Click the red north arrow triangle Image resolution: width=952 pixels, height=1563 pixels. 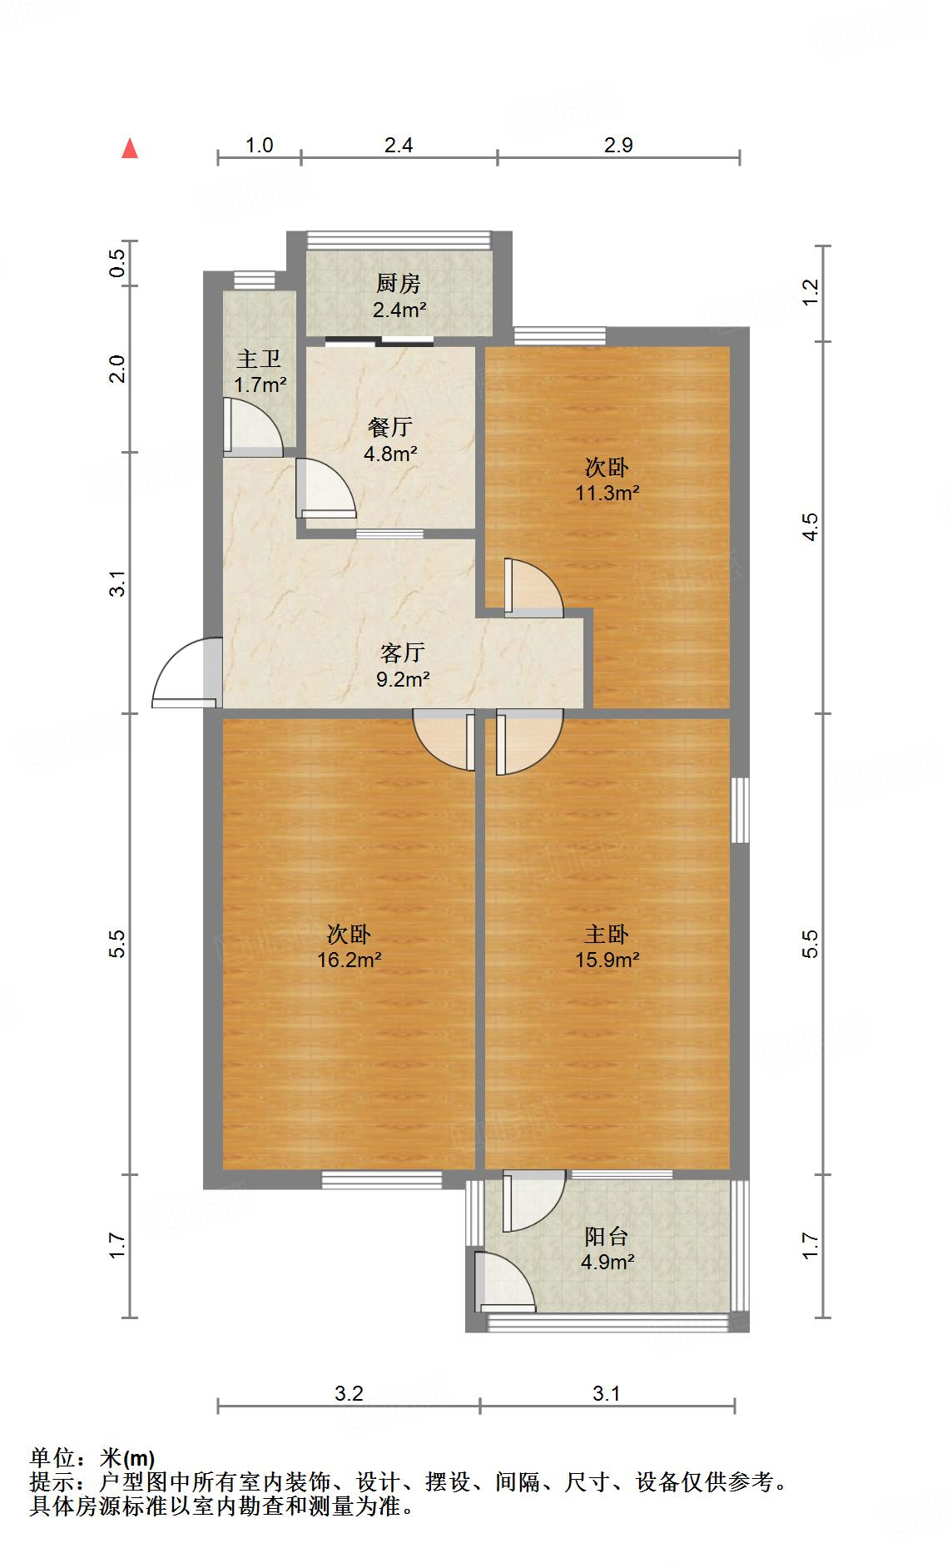click(130, 149)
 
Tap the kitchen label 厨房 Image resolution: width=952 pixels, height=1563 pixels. click(398, 285)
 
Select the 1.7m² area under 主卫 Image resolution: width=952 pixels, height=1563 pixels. click(260, 385)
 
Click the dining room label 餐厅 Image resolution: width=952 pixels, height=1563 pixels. click(389, 428)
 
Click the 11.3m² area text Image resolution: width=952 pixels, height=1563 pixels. click(607, 493)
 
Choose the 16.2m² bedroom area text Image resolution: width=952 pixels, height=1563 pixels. click(349, 960)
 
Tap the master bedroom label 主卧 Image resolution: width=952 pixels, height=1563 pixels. click(607, 935)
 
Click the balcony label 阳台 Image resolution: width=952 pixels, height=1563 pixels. click(607, 1236)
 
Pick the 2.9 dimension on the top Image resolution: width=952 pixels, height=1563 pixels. click(618, 146)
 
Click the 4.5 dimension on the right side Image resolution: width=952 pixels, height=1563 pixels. click(811, 527)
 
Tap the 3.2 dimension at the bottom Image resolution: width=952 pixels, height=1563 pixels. click(349, 1393)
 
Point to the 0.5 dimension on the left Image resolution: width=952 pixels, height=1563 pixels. click(118, 263)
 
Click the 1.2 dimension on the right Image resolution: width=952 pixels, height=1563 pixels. click(811, 290)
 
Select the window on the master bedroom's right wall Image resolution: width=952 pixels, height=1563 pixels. click(739, 810)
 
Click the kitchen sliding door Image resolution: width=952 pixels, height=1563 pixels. click(379, 340)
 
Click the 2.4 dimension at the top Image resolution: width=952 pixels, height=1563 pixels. click(399, 146)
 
